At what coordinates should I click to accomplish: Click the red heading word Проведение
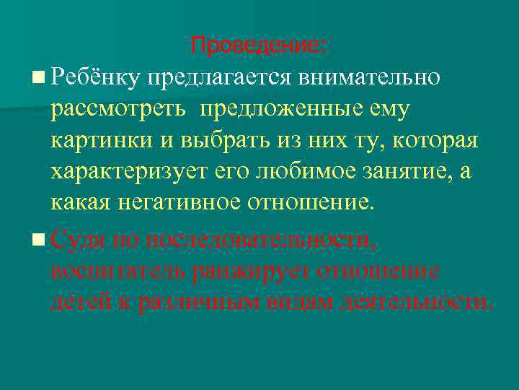coord(257,46)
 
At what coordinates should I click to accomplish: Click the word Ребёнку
coord(96,74)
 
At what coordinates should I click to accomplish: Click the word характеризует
coord(128,171)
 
